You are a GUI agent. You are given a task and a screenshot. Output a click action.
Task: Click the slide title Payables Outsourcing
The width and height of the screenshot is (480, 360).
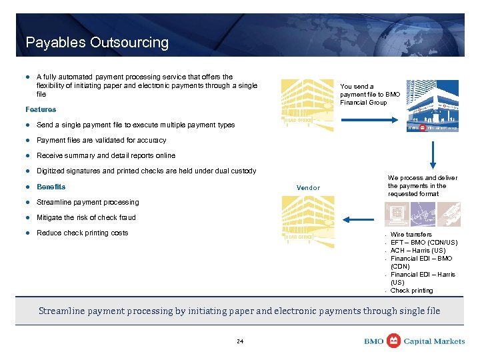coord(97,43)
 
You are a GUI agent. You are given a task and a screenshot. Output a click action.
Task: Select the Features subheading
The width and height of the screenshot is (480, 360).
coord(41,109)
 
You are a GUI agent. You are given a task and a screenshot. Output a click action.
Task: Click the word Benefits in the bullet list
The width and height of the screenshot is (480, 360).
coord(51,187)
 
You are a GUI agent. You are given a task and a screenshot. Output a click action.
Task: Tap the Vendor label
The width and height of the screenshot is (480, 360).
coord(308,188)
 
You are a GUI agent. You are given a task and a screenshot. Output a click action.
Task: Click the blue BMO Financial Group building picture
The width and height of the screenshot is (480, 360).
coord(433,105)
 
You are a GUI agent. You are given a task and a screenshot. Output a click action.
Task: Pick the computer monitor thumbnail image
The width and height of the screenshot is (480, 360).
coord(397,215)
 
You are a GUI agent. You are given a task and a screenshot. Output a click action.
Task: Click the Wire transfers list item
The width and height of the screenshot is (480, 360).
coord(411,235)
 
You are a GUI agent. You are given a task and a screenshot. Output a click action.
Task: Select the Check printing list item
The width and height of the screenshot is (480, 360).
coord(411,291)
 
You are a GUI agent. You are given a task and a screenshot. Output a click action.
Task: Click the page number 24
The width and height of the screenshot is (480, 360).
coord(240,341)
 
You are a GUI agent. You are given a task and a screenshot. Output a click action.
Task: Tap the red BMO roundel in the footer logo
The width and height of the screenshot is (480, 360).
coord(394,341)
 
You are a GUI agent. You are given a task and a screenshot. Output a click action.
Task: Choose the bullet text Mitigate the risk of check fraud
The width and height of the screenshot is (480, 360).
coord(86,217)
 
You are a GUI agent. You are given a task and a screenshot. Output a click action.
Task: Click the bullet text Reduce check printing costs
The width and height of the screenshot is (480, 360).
coord(82,233)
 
